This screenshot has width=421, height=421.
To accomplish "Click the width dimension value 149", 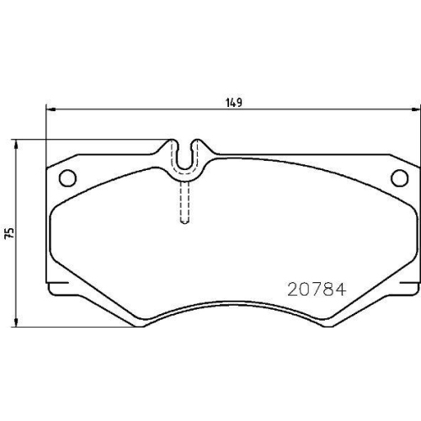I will click(234, 104).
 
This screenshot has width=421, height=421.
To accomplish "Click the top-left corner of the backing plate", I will click(45, 160).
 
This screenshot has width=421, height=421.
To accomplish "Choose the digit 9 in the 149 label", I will click(241, 104).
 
